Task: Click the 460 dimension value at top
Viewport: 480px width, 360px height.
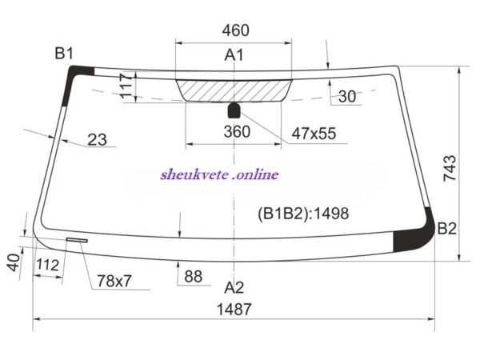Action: point(236,30)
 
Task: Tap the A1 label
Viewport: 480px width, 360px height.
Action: point(234,55)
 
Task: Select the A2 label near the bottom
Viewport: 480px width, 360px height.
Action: point(234,287)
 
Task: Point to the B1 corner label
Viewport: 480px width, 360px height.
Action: point(64,54)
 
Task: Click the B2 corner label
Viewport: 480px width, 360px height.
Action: point(447,228)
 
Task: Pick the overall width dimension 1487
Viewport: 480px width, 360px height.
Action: point(234,309)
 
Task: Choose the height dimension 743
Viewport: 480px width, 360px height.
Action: point(450,168)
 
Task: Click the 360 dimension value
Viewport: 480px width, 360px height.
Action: point(237,132)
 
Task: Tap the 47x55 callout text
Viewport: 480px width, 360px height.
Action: point(314,134)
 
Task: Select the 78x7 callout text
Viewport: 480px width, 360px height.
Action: point(114,281)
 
